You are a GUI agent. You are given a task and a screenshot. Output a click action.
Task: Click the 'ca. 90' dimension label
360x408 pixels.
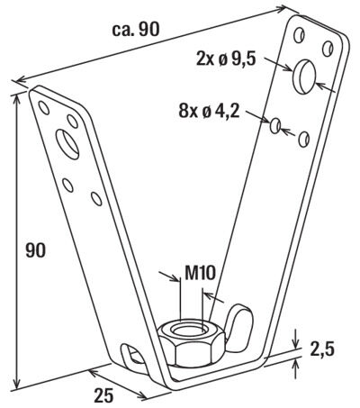[x=136, y=30]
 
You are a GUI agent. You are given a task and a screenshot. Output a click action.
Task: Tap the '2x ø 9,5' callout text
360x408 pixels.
[x=226, y=59]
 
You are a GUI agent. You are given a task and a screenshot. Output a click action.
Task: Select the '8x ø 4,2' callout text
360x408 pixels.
[x=209, y=112]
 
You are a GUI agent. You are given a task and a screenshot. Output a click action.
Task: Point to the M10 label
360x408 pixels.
[x=200, y=273]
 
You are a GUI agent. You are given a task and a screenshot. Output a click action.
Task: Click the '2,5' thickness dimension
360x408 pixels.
[x=322, y=349]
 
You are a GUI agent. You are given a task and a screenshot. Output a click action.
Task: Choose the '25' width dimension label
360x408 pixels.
[x=103, y=395]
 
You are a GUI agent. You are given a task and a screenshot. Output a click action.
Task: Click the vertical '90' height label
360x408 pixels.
[x=35, y=250]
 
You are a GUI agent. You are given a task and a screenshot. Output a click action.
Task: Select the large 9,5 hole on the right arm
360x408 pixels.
[x=304, y=77]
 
